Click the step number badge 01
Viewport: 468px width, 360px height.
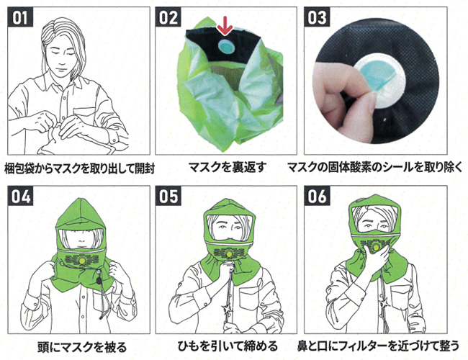(x=20, y=17)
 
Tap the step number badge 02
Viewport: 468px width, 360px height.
(x=168, y=17)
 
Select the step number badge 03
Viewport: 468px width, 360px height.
(x=317, y=17)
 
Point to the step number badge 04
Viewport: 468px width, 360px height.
(x=20, y=196)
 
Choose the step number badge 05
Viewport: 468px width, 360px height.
(x=168, y=196)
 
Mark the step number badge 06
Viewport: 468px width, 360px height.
(x=317, y=196)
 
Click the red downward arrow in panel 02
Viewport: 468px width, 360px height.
(x=224, y=26)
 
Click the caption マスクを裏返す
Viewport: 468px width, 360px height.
(x=228, y=168)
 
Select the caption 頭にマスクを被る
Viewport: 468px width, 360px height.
(x=82, y=347)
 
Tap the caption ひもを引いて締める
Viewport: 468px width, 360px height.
(x=228, y=346)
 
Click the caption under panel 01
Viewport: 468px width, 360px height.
(x=79, y=168)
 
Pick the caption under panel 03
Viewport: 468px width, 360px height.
(x=375, y=168)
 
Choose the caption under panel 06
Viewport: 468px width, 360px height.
(x=378, y=346)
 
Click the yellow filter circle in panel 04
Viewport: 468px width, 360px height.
(x=81, y=261)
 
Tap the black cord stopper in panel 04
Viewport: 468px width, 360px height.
(x=98, y=281)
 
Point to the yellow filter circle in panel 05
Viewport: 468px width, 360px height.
(x=229, y=253)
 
